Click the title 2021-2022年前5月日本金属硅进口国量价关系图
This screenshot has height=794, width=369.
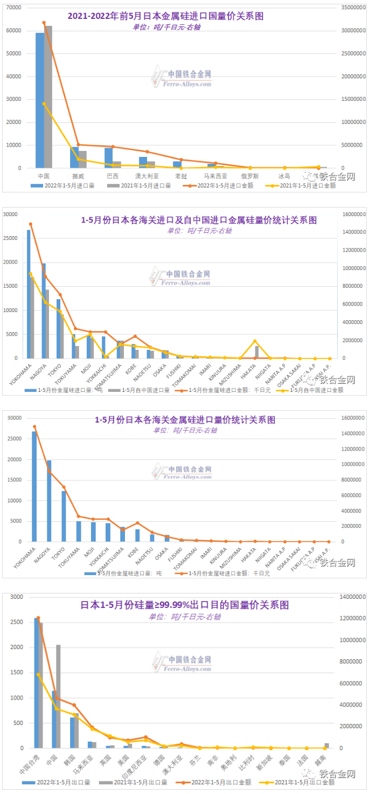click(x=165, y=16)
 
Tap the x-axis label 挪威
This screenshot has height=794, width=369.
click(x=78, y=176)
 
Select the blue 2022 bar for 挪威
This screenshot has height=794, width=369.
click(x=74, y=157)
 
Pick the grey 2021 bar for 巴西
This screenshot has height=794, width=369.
click(x=117, y=164)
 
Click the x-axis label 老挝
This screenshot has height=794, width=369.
click(x=181, y=176)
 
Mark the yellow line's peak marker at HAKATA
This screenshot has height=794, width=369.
click(x=255, y=341)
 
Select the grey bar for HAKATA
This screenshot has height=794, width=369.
click(x=257, y=352)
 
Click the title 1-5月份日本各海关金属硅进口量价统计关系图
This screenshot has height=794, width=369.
click(x=185, y=419)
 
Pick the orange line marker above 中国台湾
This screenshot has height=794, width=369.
click(x=38, y=618)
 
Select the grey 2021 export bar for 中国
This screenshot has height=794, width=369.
click(x=58, y=696)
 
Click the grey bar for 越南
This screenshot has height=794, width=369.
click(x=326, y=745)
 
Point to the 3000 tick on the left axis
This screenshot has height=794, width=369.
click(x=17, y=597)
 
